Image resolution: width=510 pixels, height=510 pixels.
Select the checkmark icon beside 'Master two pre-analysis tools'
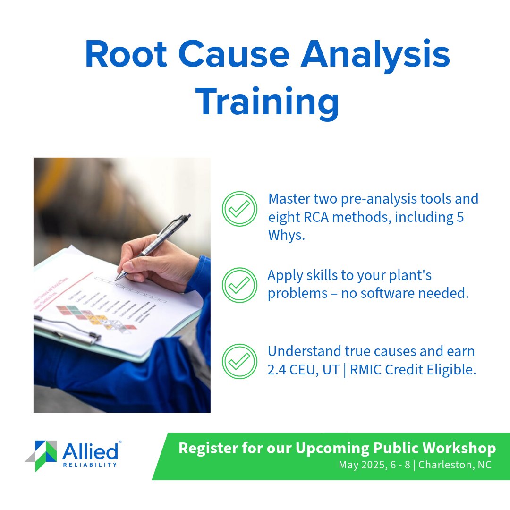tap(239, 209)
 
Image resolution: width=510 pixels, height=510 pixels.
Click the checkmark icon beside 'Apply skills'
tap(239, 285)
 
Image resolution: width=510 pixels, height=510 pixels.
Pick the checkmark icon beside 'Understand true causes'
tap(239, 361)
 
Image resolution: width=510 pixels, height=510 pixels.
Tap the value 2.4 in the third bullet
tap(278, 370)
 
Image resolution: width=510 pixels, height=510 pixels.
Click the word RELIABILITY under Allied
tap(90, 465)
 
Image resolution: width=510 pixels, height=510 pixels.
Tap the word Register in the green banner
tap(206, 448)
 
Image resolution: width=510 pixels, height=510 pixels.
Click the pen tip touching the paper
tap(118, 278)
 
